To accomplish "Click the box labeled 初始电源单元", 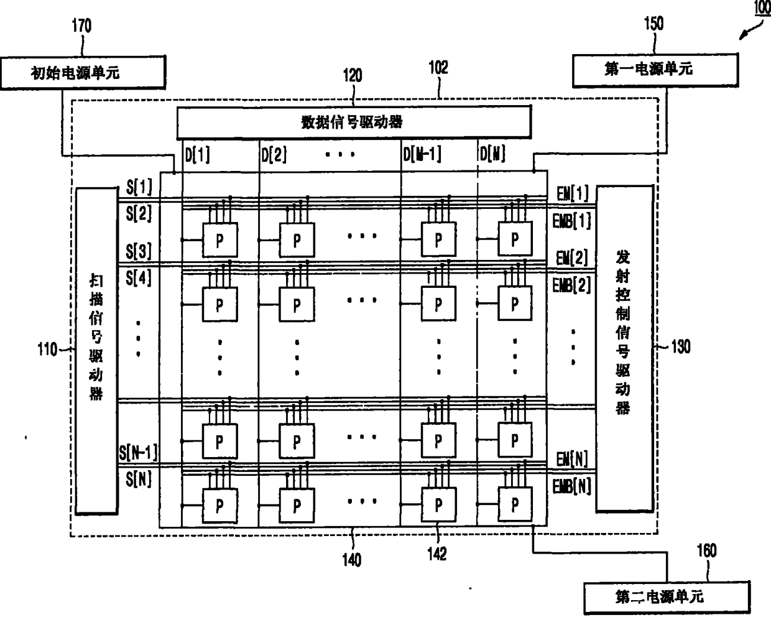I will click(83, 73).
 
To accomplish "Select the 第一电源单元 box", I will click(655, 69).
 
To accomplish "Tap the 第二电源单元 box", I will click(666, 597).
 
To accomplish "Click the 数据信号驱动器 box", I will click(353, 121).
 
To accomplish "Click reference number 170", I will click(81, 25).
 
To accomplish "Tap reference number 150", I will click(653, 24).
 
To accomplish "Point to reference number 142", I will click(437, 553).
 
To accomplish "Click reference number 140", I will click(352, 560).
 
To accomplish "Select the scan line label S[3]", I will click(139, 251).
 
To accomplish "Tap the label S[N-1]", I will click(138, 452).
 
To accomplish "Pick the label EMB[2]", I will click(571, 285).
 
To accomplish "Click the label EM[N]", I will click(572, 460).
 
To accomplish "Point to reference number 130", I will click(680, 346).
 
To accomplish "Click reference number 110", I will click(48, 350).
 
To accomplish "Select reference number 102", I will click(438, 67).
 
